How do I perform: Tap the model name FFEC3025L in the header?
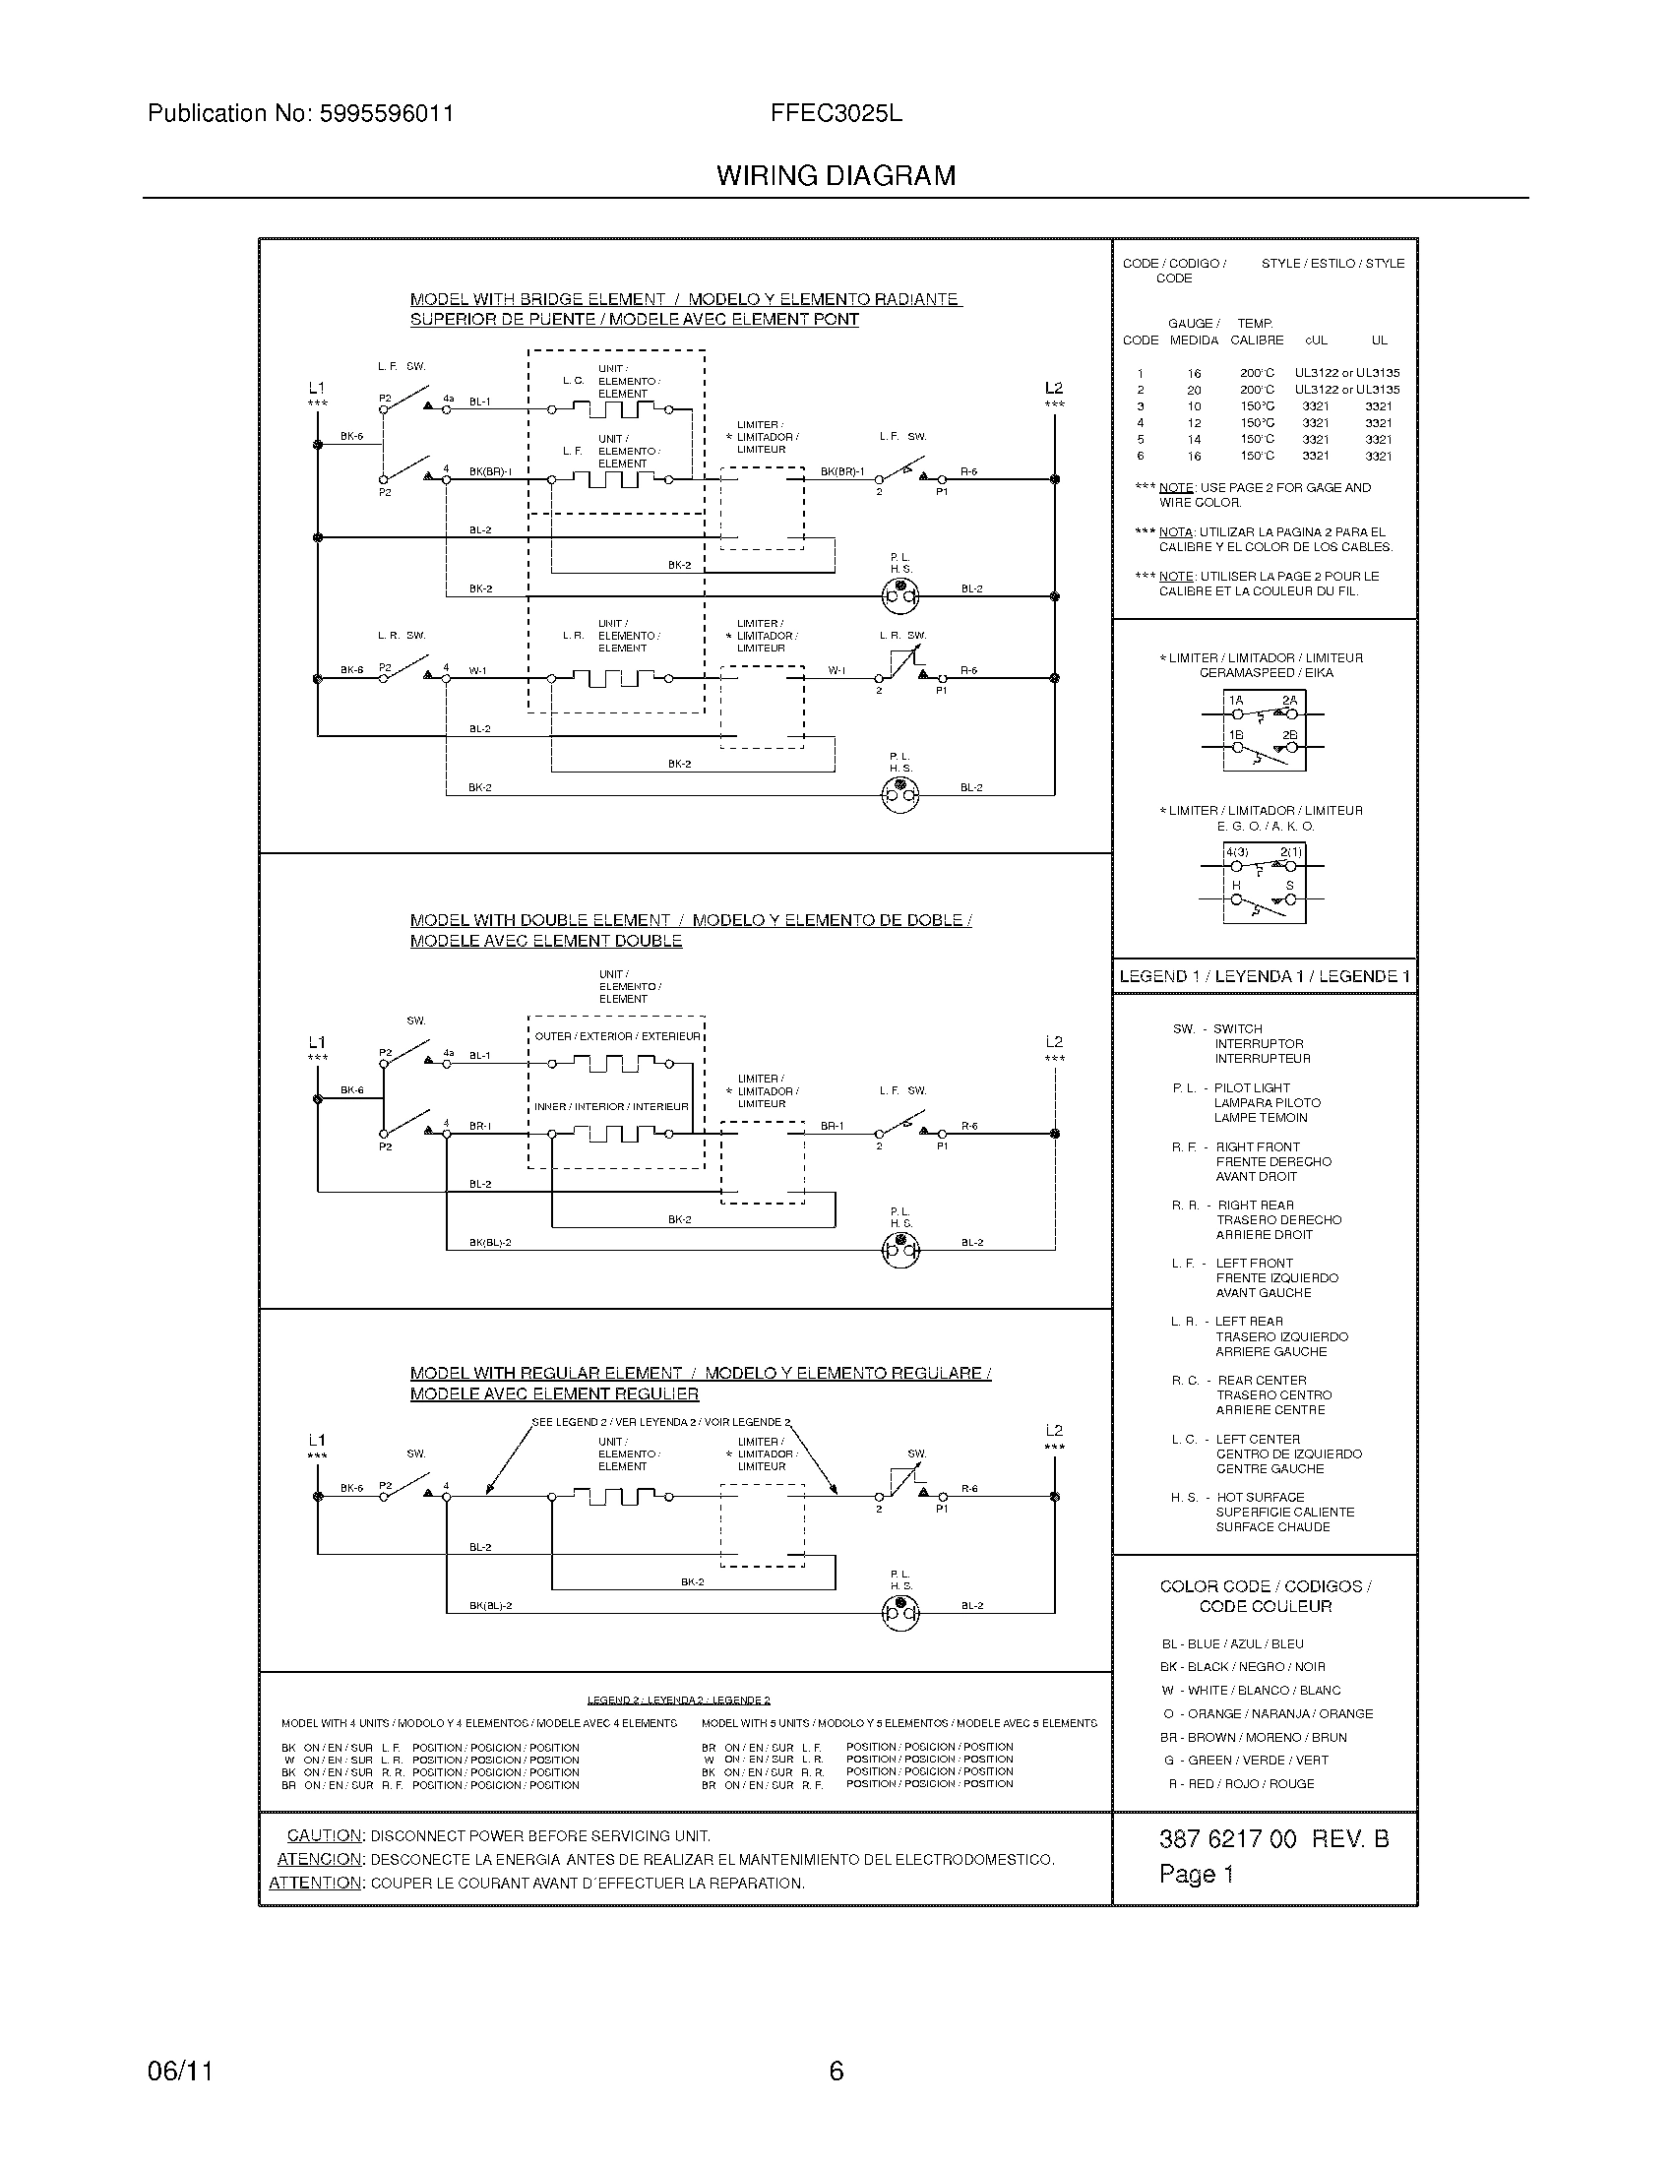(836, 113)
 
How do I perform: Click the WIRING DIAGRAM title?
(836, 176)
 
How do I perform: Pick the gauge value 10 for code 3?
(1194, 406)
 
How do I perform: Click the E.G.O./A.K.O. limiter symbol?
(1263, 883)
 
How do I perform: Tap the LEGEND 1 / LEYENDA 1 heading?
(1264, 976)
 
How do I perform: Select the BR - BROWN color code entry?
(1253, 1737)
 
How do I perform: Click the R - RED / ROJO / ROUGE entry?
(1241, 1783)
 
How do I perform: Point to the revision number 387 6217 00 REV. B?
(1273, 1839)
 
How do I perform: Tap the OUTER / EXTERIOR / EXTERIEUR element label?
(616, 1036)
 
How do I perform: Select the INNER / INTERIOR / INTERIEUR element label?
(610, 1106)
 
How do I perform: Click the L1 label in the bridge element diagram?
(316, 388)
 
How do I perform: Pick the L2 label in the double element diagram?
(1054, 1042)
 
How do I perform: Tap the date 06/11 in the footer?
(180, 2071)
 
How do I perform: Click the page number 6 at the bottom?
(836, 2071)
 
